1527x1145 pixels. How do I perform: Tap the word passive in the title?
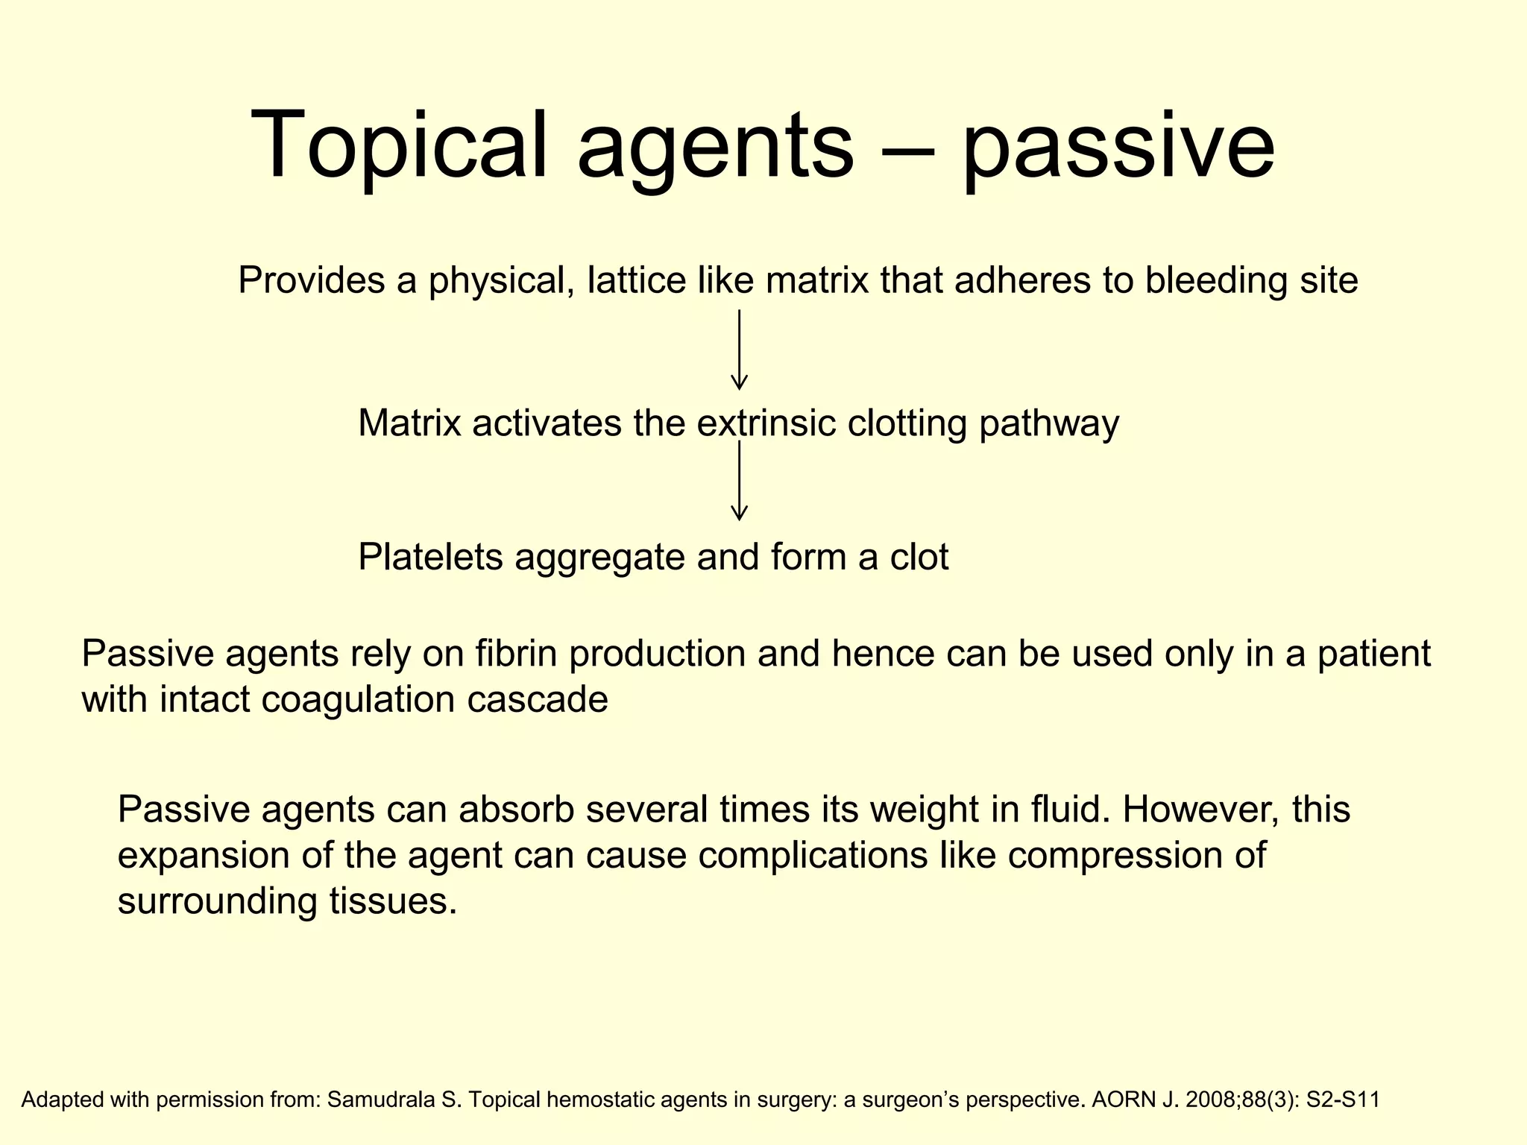pyautogui.click(x=1118, y=149)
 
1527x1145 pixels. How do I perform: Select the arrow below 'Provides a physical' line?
pyautogui.click(x=739, y=350)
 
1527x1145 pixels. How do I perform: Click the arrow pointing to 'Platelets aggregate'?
pyautogui.click(x=739, y=481)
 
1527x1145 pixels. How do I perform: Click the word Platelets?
pyautogui.click(x=430, y=558)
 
